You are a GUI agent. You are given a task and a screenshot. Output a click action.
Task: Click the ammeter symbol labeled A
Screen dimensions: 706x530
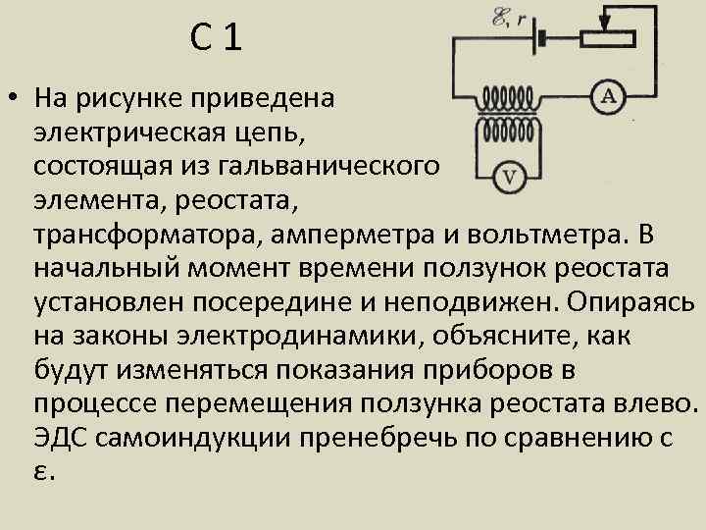click(608, 95)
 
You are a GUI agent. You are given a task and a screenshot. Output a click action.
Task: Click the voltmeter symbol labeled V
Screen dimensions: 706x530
click(510, 177)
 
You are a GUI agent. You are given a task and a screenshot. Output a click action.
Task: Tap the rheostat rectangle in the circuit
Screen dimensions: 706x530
click(607, 37)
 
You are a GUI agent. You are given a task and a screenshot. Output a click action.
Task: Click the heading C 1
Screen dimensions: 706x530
click(215, 40)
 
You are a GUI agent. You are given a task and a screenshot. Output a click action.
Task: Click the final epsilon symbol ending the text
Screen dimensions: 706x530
click(43, 472)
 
